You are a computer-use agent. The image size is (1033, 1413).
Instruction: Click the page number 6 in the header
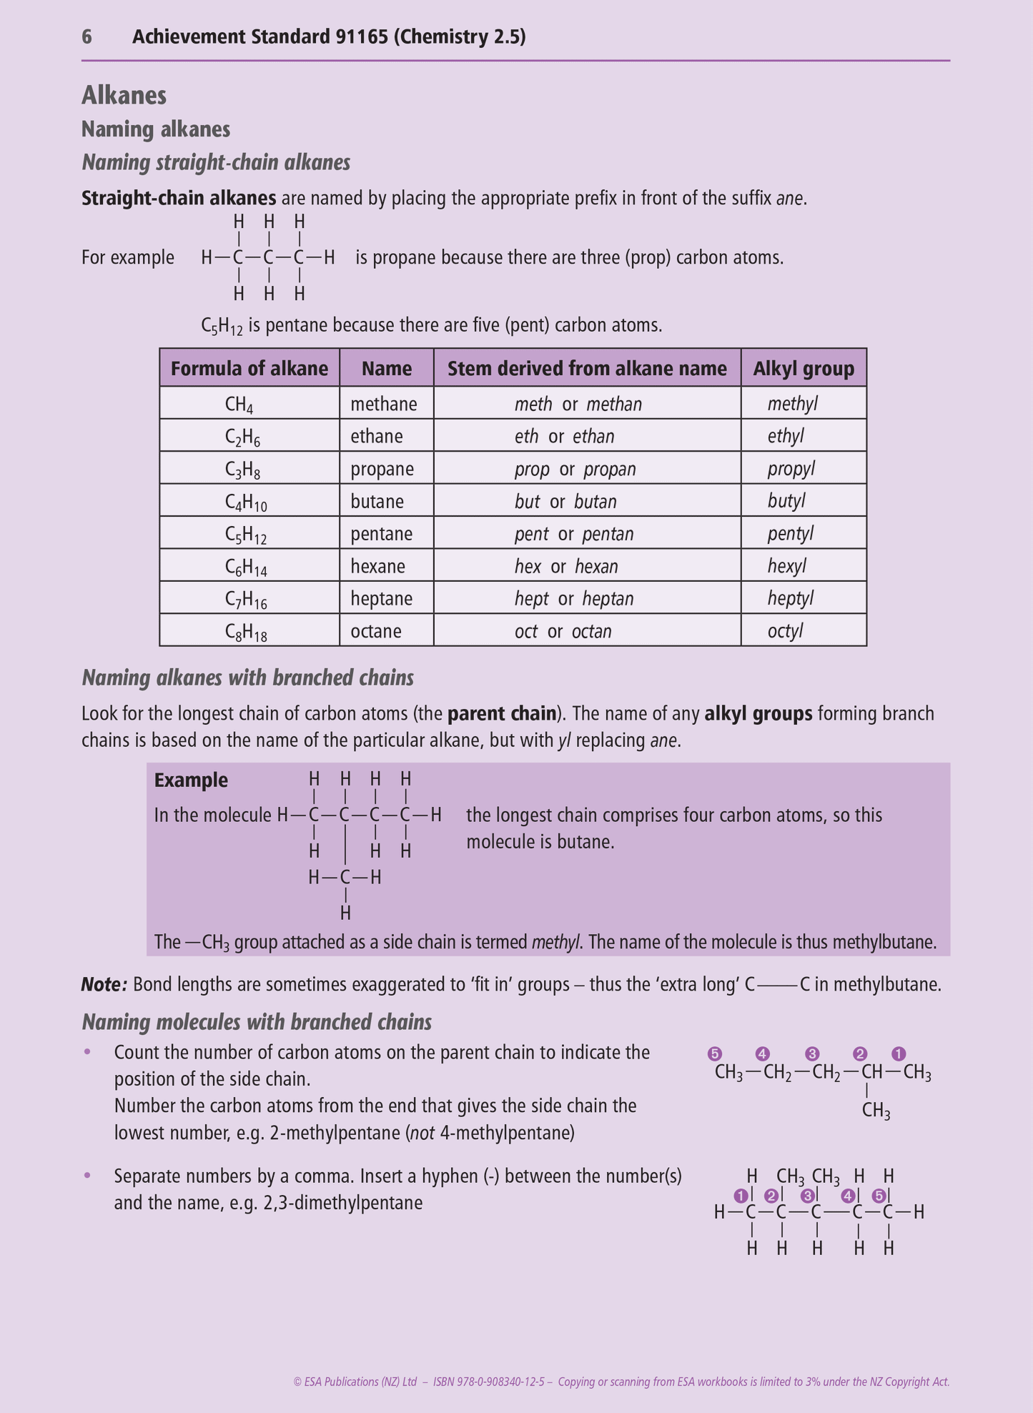(x=87, y=37)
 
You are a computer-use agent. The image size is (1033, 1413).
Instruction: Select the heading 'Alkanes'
(x=124, y=95)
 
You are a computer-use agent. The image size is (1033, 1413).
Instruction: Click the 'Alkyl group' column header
(x=804, y=368)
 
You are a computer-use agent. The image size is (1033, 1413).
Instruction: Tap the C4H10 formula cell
(x=246, y=502)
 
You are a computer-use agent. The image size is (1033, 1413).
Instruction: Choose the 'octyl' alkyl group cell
(x=785, y=631)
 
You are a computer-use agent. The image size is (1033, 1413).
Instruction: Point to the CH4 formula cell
(x=239, y=405)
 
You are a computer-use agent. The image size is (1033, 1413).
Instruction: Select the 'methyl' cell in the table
(x=792, y=404)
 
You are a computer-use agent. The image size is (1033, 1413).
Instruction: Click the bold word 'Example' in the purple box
(x=191, y=780)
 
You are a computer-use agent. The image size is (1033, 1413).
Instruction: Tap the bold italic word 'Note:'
(x=104, y=984)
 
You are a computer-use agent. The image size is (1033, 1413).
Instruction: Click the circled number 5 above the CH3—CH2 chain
(x=714, y=1053)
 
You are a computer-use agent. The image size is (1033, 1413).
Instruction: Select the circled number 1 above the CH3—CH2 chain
(x=899, y=1053)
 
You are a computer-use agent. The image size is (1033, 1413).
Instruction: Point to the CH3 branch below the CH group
(x=876, y=1111)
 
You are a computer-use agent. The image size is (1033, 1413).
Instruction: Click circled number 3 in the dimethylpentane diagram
(x=808, y=1196)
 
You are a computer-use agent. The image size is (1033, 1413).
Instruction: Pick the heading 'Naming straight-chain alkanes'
(x=216, y=163)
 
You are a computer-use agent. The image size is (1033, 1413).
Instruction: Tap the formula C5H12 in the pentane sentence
(x=222, y=327)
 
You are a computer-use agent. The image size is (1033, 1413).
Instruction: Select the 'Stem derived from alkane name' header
(x=587, y=368)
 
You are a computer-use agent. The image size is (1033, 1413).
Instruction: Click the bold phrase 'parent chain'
(x=502, y=713)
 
